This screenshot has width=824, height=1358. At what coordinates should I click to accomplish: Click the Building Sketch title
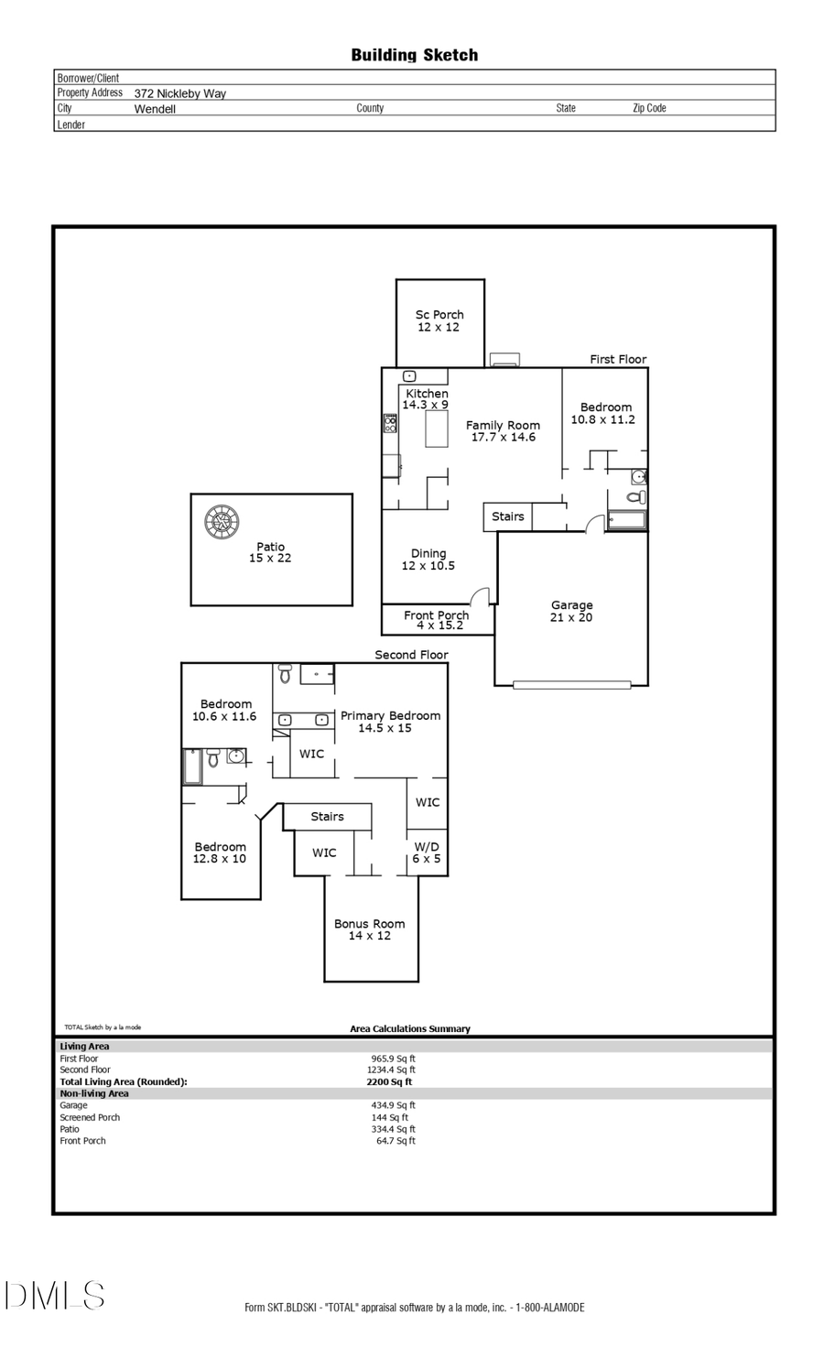(x=414, y=55)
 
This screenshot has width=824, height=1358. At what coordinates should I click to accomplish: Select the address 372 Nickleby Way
(x=179, y=93)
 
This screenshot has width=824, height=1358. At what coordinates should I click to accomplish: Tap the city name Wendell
(x=155, y=109)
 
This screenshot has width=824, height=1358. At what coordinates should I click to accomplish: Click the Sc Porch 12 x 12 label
(x=439, y=320)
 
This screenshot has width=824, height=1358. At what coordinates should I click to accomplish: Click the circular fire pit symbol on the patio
(x=222, y=523)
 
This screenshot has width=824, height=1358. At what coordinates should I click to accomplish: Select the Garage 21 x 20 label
(x=571, y=611)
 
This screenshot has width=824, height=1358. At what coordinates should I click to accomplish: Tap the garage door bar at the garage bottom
(x=571, y=684)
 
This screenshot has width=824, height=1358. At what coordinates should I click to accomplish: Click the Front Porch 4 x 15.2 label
(x=436, y=620)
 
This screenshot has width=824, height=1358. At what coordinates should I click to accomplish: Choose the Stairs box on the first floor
(x=507, y=516)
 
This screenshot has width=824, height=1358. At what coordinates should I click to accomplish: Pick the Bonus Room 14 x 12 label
(x=369, y=929)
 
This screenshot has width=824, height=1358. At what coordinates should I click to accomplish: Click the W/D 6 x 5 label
(x=426, y=853)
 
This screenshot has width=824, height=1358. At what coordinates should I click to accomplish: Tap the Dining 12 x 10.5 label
(x=428, y=559)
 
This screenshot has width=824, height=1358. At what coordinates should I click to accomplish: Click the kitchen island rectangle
(x=436, y=429)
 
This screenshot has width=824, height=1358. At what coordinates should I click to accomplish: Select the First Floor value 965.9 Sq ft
(x=393, y=1059)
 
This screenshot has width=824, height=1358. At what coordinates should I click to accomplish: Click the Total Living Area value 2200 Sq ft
(x=389, y=1081)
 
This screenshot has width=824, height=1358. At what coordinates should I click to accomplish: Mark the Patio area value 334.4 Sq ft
(x=393, y=1129)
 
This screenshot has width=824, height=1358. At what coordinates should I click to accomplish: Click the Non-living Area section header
(x=94, y=1093)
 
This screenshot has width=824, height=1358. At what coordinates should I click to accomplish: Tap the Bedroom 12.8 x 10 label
(x=220, y=853)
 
